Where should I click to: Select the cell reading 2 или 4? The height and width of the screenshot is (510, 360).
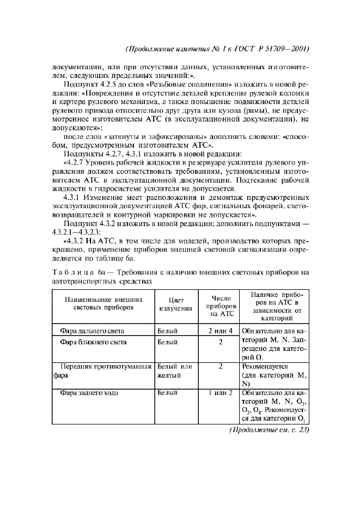(221, 331)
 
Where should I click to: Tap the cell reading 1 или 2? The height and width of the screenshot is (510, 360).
(221, 392)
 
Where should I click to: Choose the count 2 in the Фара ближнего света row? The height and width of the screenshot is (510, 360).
(221, 342)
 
